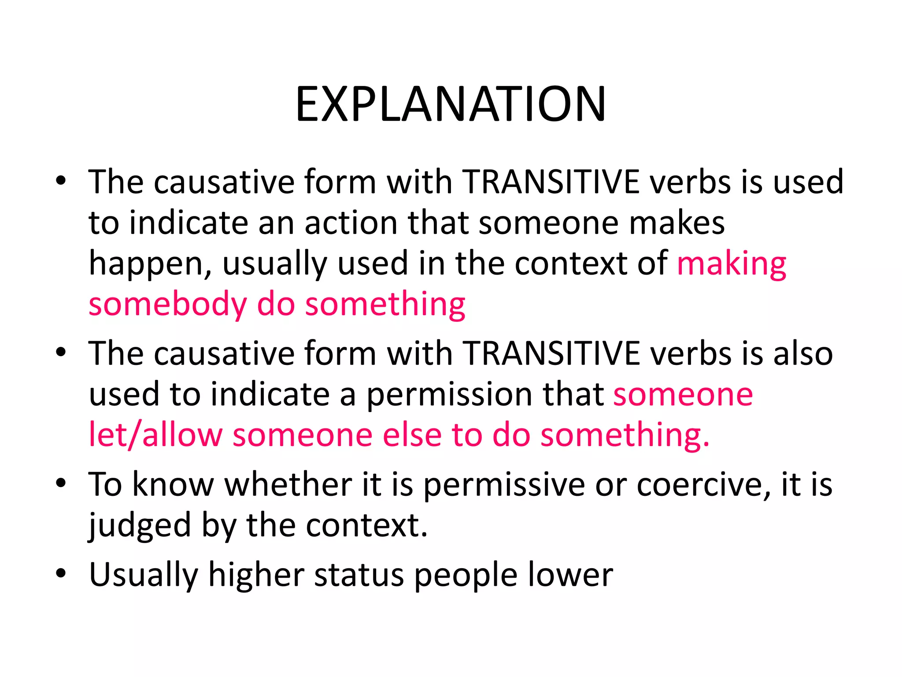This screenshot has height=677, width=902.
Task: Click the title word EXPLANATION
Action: (x=451, y=104)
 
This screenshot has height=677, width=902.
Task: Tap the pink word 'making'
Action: (x=731, y=264)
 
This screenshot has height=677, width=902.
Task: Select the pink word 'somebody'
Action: (x=167, y=304)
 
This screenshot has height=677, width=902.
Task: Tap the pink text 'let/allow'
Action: (x=155, y=435)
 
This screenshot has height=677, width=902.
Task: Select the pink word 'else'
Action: (x=412, y=435)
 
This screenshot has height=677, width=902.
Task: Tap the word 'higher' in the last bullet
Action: (x=256, y=575)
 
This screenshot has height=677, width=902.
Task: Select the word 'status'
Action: (x=359, y=575)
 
